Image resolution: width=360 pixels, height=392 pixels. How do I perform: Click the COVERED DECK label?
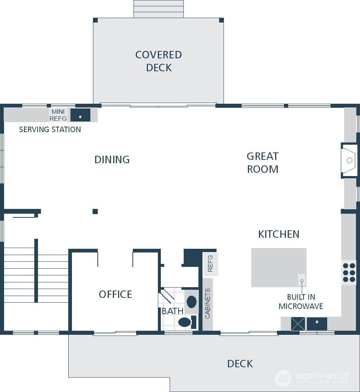(159, 61)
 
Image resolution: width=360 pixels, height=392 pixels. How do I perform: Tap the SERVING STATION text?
(50, 130)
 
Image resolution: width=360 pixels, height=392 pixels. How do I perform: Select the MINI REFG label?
(58, 115)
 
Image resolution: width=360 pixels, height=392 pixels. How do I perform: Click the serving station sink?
(80, 115)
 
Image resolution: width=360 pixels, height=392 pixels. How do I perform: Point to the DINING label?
(112, 159)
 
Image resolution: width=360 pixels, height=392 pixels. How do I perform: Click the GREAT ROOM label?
(263, 162)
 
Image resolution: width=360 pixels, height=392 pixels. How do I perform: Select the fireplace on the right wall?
(348, 161)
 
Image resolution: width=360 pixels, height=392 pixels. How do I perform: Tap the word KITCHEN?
(278, 234)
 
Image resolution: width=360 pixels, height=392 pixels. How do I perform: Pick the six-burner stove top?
(349, 273)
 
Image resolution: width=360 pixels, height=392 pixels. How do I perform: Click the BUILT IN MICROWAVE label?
(301, 302)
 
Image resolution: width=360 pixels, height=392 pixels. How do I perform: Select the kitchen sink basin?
(317, 324)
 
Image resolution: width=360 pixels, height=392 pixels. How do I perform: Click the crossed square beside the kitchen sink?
(298, 324)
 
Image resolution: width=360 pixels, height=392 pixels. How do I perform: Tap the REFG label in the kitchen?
(211, 264)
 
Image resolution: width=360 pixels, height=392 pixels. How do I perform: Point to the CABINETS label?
(207, 304)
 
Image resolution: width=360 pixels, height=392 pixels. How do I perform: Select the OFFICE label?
(115, 294)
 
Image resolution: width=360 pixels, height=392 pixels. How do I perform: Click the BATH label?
(172, 311)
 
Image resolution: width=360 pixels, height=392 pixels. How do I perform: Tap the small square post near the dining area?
(95, 212)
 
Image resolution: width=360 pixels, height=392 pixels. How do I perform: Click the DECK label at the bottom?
(240, 364)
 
